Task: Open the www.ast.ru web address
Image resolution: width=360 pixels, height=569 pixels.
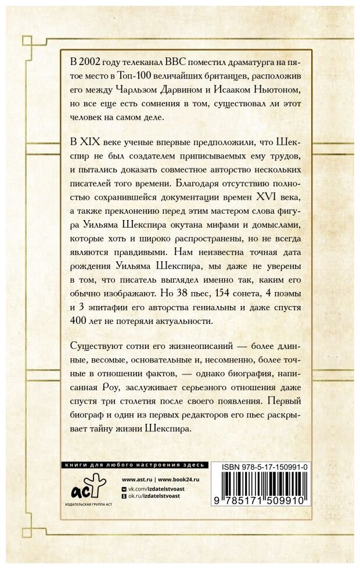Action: click(137, 479)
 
